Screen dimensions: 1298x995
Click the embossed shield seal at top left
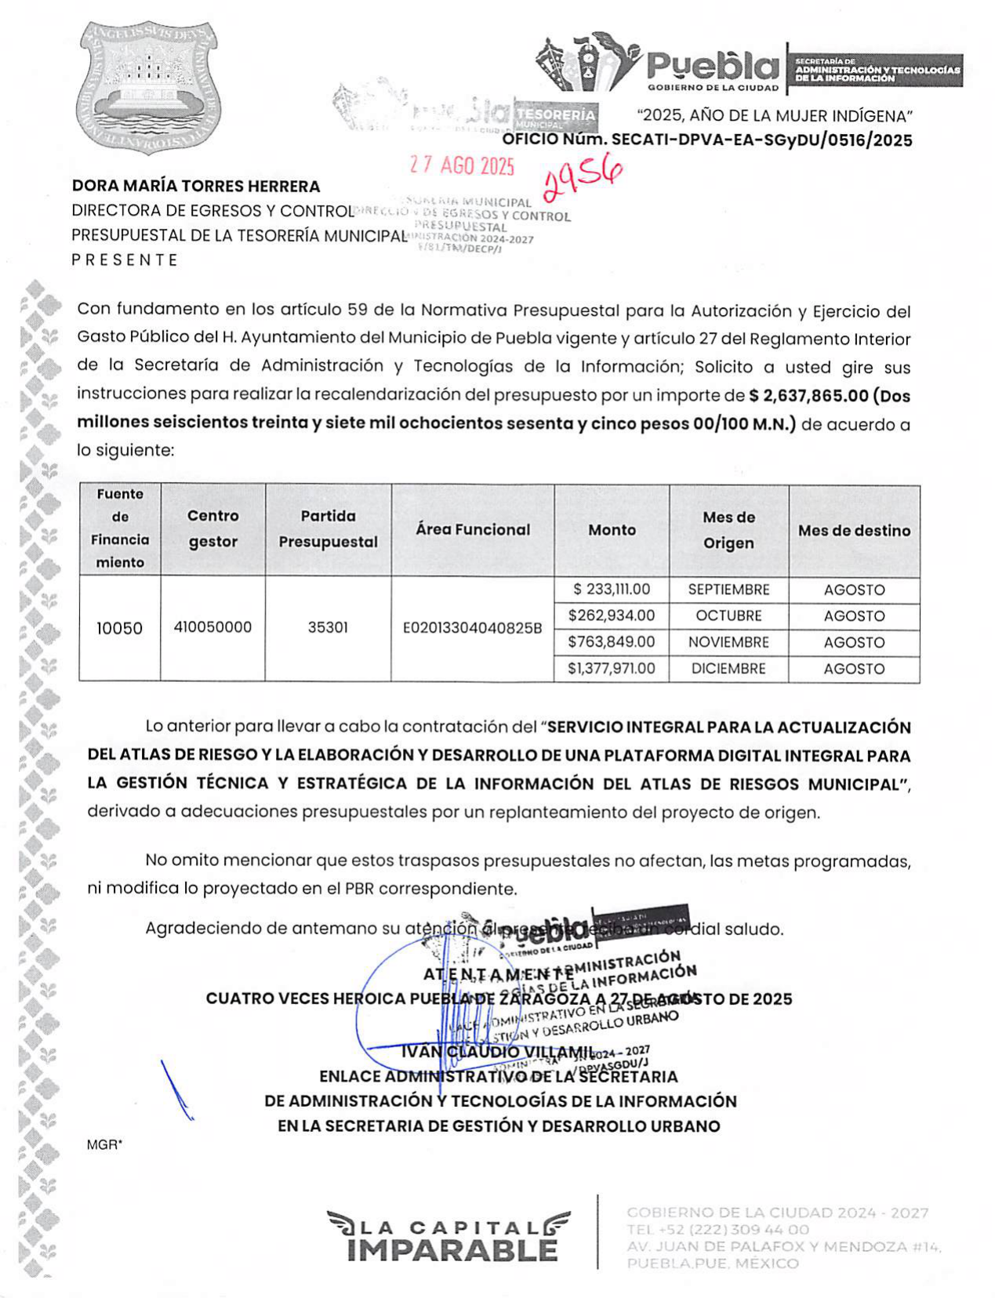tap(147, 87)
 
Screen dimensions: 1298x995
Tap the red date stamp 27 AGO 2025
tap(462, 165)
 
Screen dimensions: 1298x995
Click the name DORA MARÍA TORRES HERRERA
tap(196, 187)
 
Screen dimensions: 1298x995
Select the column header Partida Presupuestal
tap(328, 529)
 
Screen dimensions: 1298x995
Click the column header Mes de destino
tap(854, 531)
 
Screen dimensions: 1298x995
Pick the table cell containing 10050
tap(119, 628)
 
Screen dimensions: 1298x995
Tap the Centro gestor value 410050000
tap(212, 627)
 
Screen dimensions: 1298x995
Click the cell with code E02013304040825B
tap(472, 628)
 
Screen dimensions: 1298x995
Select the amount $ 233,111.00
tap(612, 589)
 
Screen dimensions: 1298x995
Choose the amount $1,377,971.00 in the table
tap(612, 669)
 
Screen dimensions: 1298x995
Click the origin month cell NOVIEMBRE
tap(728, 642)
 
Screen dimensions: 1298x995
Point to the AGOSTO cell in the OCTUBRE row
tap(854, 616)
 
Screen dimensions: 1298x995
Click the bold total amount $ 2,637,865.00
tap(808, 396)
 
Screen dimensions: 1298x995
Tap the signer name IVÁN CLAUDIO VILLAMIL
tap(498, 1051)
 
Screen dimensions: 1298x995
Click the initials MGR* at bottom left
tap(104, 1144)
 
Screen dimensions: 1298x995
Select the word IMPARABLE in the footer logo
tap(452, 1249)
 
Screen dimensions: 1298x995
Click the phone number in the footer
tap(717, 1229)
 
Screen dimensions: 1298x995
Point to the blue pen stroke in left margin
tap(176, 1090)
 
